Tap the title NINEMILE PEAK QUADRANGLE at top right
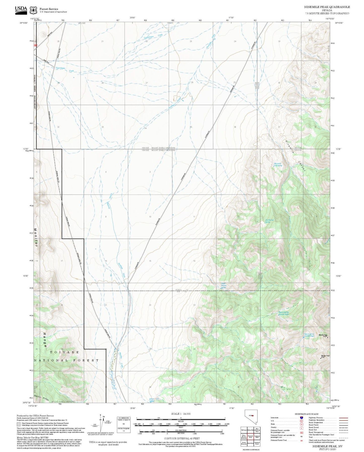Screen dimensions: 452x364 click(x=327, y=7)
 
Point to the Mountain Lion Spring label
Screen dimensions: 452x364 click(x=278, y=165)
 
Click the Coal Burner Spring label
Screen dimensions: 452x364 click(x=269, y=221)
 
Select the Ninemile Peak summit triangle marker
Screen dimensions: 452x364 click(x=327, y=337)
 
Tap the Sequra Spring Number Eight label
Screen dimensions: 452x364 click(x=284, y=313)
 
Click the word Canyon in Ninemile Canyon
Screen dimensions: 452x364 click(x=301, y=167)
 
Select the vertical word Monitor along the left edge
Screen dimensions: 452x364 click(x=36, y=238)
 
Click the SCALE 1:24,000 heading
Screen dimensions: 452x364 click(x=181, y=414)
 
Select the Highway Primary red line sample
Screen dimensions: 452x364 click(x=343, y=418)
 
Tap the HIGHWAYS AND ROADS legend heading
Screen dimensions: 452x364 click(x=306, y=414)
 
